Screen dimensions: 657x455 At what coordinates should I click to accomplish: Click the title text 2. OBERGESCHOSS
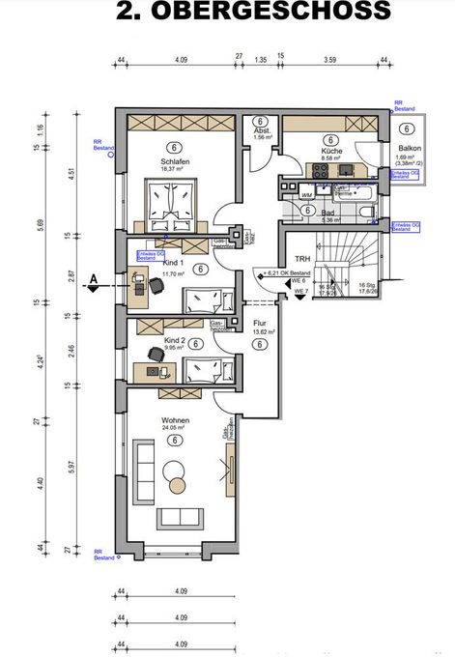click(254, 12)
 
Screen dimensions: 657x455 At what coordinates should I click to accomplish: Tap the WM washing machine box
click(306, 195)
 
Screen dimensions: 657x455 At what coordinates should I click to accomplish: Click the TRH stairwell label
click(301, 260)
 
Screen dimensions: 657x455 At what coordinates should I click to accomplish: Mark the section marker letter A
click(95, 281)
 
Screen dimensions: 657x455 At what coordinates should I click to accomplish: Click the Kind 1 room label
click(175, 263)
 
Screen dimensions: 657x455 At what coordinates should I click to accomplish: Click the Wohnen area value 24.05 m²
click(175, 430)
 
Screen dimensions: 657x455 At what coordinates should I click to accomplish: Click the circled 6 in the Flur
click(260, 344)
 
